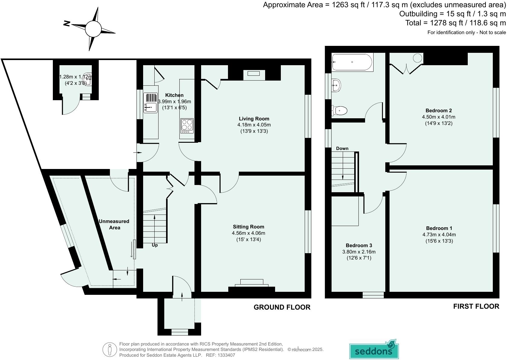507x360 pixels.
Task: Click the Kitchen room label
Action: tap(174, 95)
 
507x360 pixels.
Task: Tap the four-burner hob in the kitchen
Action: tap(187, 126)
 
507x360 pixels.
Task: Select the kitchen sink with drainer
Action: tap(150, 103)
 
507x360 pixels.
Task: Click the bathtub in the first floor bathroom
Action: tap(352, 62)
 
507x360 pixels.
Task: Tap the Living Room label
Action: tap(254, 119)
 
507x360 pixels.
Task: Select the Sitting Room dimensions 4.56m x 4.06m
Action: tap(248, 233)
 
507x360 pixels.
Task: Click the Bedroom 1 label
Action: tap(439, 228)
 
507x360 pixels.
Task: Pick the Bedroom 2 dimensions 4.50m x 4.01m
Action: tap(438, 117)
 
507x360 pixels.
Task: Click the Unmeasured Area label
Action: tap(114, 224)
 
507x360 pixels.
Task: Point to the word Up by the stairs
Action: tap(155, 245)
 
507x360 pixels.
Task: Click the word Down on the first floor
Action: tap(342, 148)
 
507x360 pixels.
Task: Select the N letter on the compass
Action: tap(67, 24)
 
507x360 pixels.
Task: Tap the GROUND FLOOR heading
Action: tap(282, 307)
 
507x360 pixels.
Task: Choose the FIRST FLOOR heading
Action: tap(476, 306)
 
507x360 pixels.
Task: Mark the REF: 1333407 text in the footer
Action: tap(220, 355)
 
